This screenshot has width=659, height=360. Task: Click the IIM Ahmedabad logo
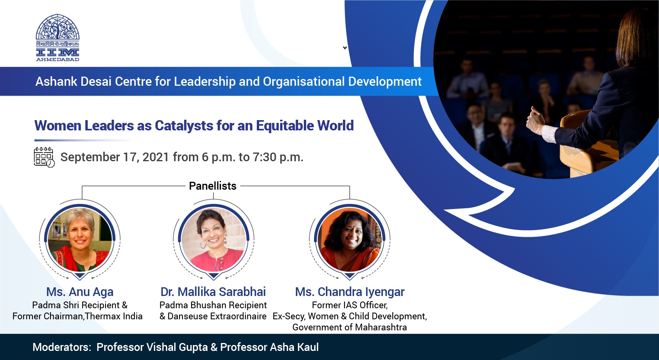(58, 38)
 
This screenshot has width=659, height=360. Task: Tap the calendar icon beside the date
(44, 157)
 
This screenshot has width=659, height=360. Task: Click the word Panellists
(213, 186)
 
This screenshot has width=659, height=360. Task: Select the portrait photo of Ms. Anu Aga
(80, 239)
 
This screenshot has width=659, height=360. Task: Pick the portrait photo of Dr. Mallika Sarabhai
(214, 239)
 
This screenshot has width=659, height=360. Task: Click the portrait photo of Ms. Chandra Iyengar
(350, 239)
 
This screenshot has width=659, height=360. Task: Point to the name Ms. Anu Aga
(80, 292)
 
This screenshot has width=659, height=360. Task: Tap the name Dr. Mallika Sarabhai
(213, 292)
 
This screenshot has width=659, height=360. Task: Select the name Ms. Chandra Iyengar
(350, 292)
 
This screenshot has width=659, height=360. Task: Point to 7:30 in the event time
(264, 157)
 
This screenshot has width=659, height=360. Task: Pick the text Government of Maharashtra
(350, 328)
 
